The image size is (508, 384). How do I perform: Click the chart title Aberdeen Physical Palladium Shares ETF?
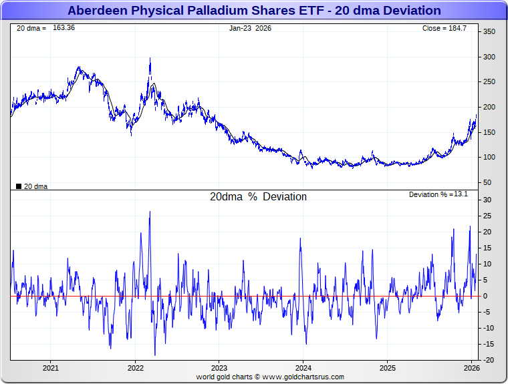[x=254, y=11]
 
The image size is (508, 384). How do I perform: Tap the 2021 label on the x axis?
[x=51, y=368]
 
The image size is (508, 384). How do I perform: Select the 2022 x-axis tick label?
[x=135, y=368]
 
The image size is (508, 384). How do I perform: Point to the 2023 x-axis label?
[x=219, y=368]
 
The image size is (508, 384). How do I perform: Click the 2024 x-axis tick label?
[x=303, y=368]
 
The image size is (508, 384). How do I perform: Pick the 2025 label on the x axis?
[x=388, y=368]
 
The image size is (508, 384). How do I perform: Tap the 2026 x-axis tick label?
[x=472, y=368]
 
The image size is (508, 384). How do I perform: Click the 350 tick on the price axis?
[x=489, y=32]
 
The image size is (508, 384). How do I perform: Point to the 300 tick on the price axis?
[x=489, y=57]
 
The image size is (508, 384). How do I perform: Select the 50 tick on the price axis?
[x=487, y=182]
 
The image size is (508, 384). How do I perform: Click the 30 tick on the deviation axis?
[x=487, y=200]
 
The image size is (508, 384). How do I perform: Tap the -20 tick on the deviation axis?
[x=489, y=360]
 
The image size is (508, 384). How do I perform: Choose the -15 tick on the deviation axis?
[x=489, y=344]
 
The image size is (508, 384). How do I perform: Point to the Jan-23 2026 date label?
[x=250, y=28]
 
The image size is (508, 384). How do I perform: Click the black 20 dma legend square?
[x=19, y=186]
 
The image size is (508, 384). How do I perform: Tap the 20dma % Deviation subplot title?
[x=258, y=197]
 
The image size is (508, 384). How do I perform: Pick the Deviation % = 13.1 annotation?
[x=438, y=194]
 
